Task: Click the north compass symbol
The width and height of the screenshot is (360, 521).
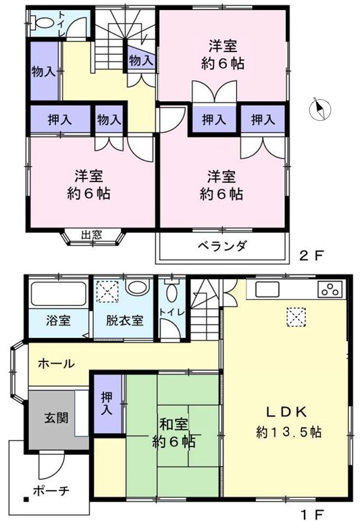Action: [x=320, y=109]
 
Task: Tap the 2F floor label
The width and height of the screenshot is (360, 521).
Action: [x=311, y=255]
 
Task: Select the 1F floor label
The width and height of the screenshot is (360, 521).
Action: [x=312, y=514]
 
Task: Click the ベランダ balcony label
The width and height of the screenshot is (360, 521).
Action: [x=222, y=246]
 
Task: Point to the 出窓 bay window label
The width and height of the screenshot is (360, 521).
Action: [x=91, y=235]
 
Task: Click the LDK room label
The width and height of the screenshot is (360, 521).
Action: [x=286, y=412]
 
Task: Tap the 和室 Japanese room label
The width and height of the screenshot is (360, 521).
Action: [x=174, y=424]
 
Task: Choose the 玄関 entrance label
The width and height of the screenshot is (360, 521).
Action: [x=57, y=418]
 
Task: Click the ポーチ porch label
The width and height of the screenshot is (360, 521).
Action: [x=51, y=491]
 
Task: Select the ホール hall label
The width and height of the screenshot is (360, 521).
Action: [x=56, y=364]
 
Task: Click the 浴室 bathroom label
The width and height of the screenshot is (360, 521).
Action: [x=58, y=320]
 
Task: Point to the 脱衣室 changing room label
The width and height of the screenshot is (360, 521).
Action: [x=124, y=320]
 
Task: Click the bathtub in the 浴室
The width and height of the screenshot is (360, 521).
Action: [x=59, y=293]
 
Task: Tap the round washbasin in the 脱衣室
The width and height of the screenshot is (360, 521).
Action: [x=138, y=287]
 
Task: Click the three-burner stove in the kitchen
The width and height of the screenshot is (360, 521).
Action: [x=330, y=289]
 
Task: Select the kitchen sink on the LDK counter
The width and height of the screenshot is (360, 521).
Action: [x=267, y=289]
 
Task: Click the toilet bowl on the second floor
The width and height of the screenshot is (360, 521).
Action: [x=43, y=22]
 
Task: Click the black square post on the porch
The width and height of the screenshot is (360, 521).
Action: [x=26, y=499]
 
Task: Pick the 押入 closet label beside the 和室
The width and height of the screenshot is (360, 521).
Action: [x=107, y=403]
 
